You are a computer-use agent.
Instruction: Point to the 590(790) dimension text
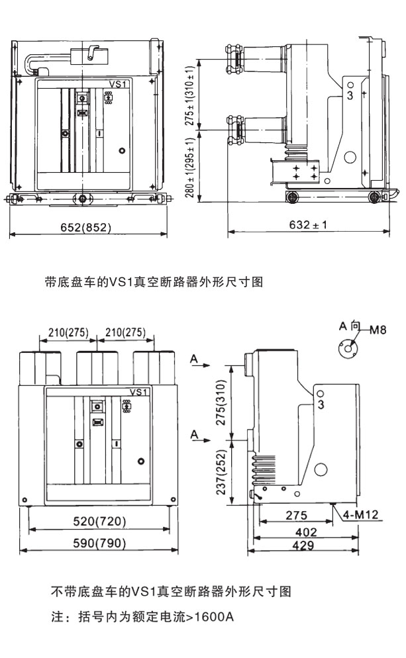point(99,544)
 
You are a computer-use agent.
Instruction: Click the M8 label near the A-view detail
point(378,330)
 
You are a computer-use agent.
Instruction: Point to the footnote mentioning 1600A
point(142,618)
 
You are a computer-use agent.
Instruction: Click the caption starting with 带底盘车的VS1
point(154,283)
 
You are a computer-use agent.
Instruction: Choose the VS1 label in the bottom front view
point(140,392)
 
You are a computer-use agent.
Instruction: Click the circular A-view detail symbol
point(347,348)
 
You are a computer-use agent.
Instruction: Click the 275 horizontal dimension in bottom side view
point(297,516)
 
